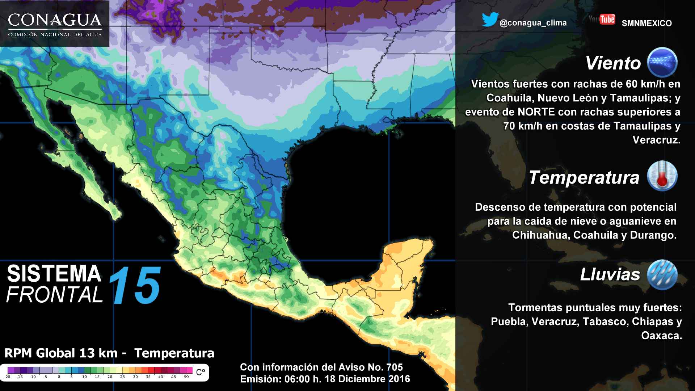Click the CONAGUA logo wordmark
tap(55, 21)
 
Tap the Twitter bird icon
tap(490, 20)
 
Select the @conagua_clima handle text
tap(533, 23)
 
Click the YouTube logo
tap(602, 19)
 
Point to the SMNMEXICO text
tap(646, 23)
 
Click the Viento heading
tap(613, 63)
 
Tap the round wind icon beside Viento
tap(662, 62)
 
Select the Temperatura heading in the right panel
tap(584, 177)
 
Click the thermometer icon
tap(662, 176)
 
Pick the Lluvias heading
tap(610, 274)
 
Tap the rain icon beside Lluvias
tap(662, 274)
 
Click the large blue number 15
tap(134, 285)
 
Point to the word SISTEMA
tap(54, 274)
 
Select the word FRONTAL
tap(54, 295)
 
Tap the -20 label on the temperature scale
tap(7, 377)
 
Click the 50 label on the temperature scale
tap(186, 377)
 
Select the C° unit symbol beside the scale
tap(201, 372)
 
